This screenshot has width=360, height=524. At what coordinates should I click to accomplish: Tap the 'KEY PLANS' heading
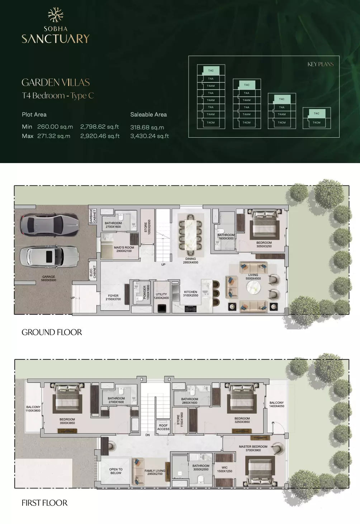(320, 64)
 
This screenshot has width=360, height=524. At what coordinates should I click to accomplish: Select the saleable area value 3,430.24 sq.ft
(150, 136)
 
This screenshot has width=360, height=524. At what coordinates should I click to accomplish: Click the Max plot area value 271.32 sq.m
(54, 136)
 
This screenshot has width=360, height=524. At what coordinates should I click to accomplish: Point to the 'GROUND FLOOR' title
(52, 332)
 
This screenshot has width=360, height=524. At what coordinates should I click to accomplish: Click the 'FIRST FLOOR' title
(44, 503)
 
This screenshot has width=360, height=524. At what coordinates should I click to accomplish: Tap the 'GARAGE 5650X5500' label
(49, 278)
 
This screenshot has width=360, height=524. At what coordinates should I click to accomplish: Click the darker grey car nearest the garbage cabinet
(49, 225)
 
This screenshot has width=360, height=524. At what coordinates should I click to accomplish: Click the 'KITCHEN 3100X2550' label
(190, 294)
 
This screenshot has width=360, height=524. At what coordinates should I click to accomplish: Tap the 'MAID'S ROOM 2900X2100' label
(124, 249)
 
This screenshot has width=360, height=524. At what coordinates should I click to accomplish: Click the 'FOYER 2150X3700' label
(113, 297)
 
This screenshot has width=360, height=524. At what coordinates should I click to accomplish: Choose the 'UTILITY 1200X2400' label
(161, 296)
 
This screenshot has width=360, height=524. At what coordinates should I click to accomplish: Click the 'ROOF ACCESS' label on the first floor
(163, 427)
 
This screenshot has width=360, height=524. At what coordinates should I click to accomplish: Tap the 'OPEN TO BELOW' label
(116, 471)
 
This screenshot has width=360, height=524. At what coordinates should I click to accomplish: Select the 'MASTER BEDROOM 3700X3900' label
(253, 448)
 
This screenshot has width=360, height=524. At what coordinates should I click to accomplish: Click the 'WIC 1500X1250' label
(224, 469)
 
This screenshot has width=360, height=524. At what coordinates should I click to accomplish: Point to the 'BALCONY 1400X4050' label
(276, 404)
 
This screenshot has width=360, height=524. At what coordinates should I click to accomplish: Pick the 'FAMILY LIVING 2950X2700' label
(155, 472)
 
